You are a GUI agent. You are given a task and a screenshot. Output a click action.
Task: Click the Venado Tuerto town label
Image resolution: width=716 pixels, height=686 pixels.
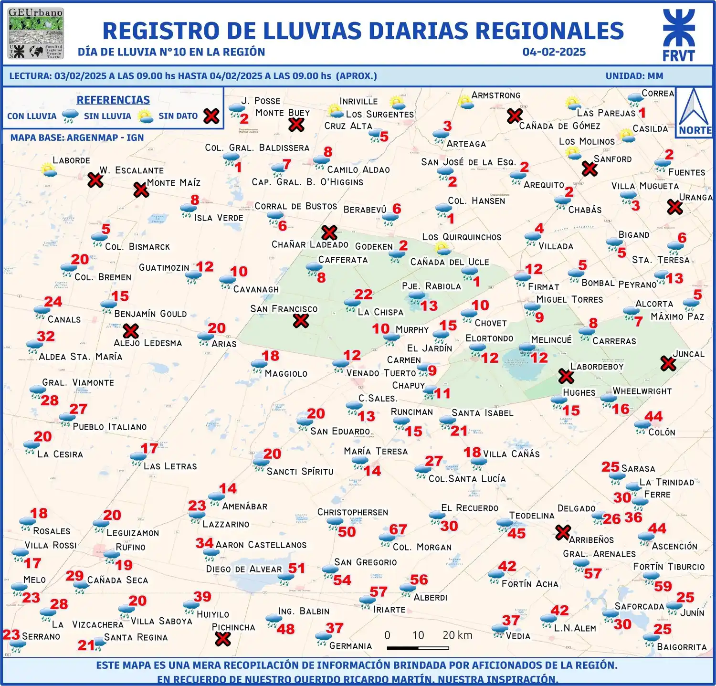[x=381, y=373]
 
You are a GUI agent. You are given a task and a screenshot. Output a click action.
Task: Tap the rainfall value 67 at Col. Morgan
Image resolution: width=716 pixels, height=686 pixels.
[x=398, y=529]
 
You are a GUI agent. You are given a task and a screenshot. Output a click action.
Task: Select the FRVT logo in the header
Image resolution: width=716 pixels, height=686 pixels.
[x=678, y=36]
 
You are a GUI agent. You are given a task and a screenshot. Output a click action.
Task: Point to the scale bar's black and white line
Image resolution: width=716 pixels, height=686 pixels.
[x=418, y=648]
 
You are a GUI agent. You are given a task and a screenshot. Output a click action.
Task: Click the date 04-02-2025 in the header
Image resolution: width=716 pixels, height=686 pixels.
[x=554, y=52]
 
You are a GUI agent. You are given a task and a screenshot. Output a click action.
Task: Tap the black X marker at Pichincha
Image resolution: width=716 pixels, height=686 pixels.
[x=222, y=639]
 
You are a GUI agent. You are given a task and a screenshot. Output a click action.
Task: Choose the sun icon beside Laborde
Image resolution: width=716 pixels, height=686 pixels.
[x=48, y=169]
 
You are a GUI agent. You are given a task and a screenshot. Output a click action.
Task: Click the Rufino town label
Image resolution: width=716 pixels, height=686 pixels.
[x=130, y=547]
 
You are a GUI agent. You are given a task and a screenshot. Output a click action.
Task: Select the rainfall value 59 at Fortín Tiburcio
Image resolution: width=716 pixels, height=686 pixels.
[x=663, y=586]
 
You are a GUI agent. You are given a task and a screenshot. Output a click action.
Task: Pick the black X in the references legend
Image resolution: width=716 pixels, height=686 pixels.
[x=211, y=116]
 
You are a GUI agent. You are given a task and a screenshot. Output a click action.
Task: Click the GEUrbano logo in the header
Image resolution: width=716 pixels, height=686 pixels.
[x=36, y=33]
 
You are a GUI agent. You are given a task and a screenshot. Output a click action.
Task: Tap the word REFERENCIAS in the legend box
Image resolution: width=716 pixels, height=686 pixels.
[x=113, y=100]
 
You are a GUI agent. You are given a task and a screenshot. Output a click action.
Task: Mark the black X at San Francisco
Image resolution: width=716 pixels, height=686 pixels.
[x=301, y=321]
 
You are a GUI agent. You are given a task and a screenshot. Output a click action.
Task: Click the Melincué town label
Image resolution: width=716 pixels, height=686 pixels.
[x=551, y=339]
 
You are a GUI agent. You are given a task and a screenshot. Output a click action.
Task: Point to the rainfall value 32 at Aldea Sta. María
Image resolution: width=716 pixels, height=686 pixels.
[x=46, y=336]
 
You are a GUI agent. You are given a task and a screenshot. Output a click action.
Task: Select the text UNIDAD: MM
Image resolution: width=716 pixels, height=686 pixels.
[x=634, y=76]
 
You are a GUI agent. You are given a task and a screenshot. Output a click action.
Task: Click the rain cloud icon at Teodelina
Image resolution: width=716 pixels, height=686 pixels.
[x=504, y=524]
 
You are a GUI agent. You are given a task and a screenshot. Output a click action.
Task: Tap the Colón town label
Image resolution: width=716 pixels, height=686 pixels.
[x=662, y=432]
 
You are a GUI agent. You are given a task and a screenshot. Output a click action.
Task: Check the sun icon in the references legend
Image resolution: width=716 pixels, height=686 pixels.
[x=145, y=116]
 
